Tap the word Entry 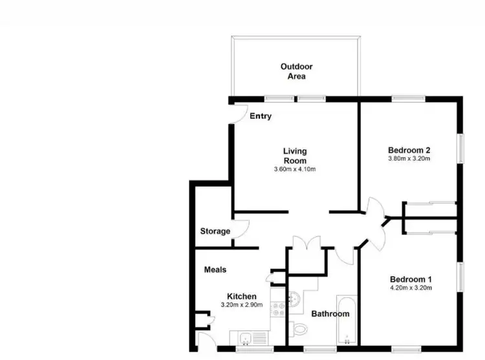pyautogui.click(x=260, y=116)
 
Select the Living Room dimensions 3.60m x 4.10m pyautogui.click(x=294, y=169)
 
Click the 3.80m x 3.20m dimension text pyautogui.click(x=409, y=158)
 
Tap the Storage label pyautogui.click(x=215, y=231)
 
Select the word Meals pyautogui.click(x=215, y=270)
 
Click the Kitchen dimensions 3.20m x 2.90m pyautogui.click(x=241, y=305)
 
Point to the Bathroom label pyautogui.click(x=330, y=314)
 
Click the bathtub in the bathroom pyautogui.click(x=347, y=320)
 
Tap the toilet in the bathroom pyautogui.click(x=298, y=329)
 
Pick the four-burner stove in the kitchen pyautogui.click(x=278, y=309)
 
